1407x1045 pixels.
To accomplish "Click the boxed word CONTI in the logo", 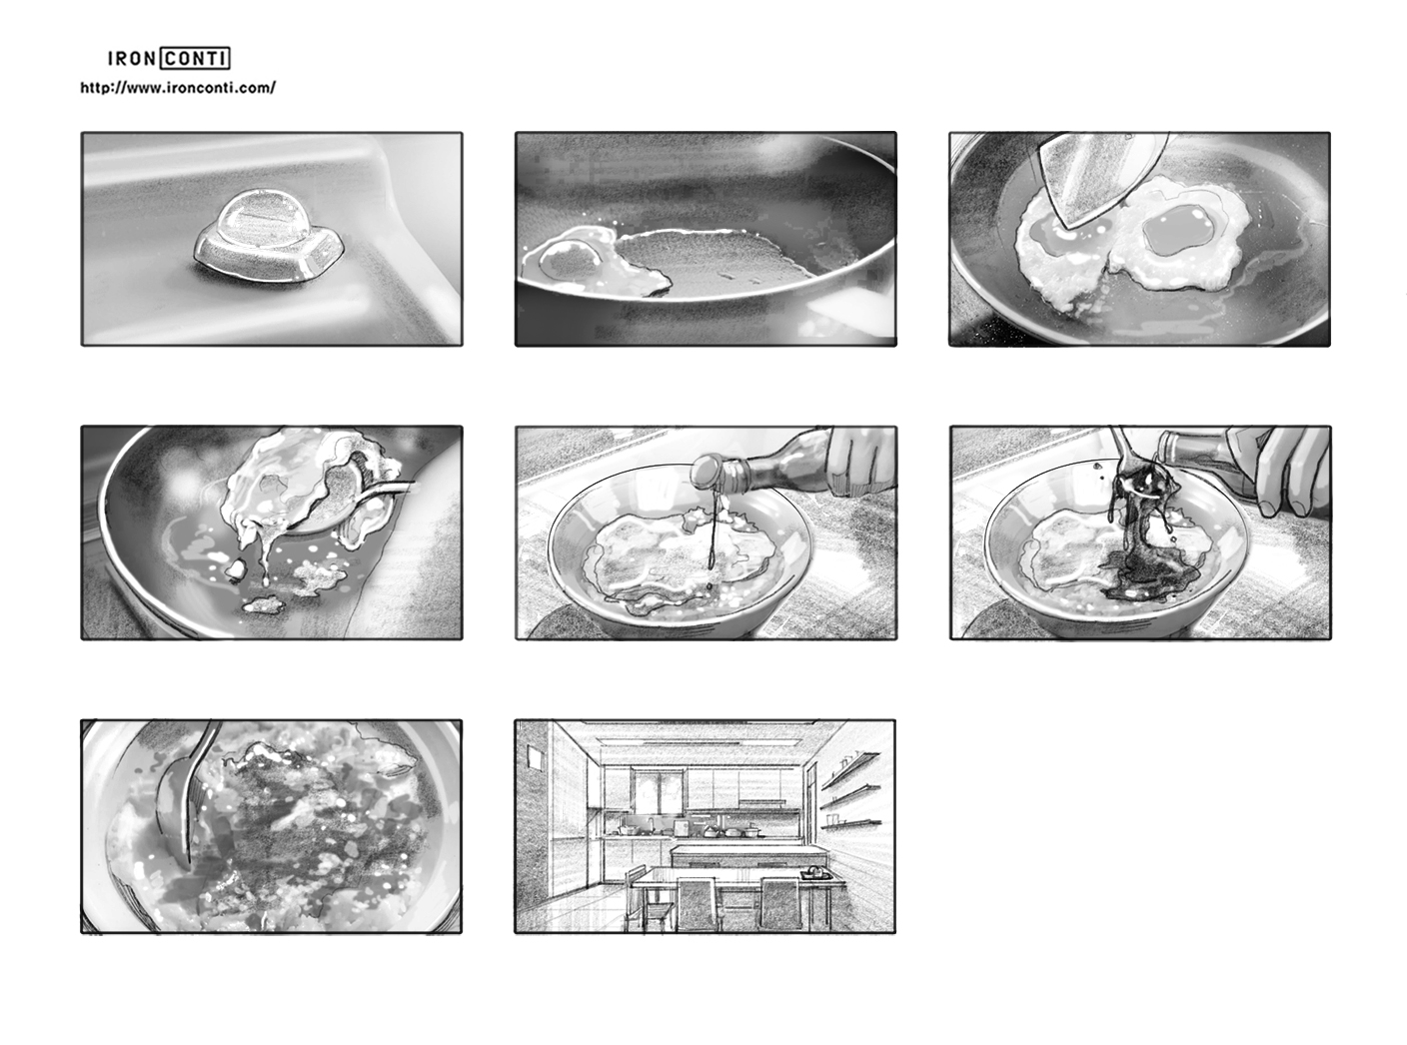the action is click(x=196, y=58).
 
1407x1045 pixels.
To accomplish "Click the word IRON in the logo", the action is click(x=132, y=59).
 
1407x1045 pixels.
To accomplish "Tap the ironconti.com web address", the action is click(x=178, y=88).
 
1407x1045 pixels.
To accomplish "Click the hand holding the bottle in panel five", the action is click(x=863, y=459).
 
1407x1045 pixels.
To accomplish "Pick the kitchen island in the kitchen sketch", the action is click(x=734, y=855).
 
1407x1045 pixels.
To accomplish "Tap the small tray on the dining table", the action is click(x=815, y=874).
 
